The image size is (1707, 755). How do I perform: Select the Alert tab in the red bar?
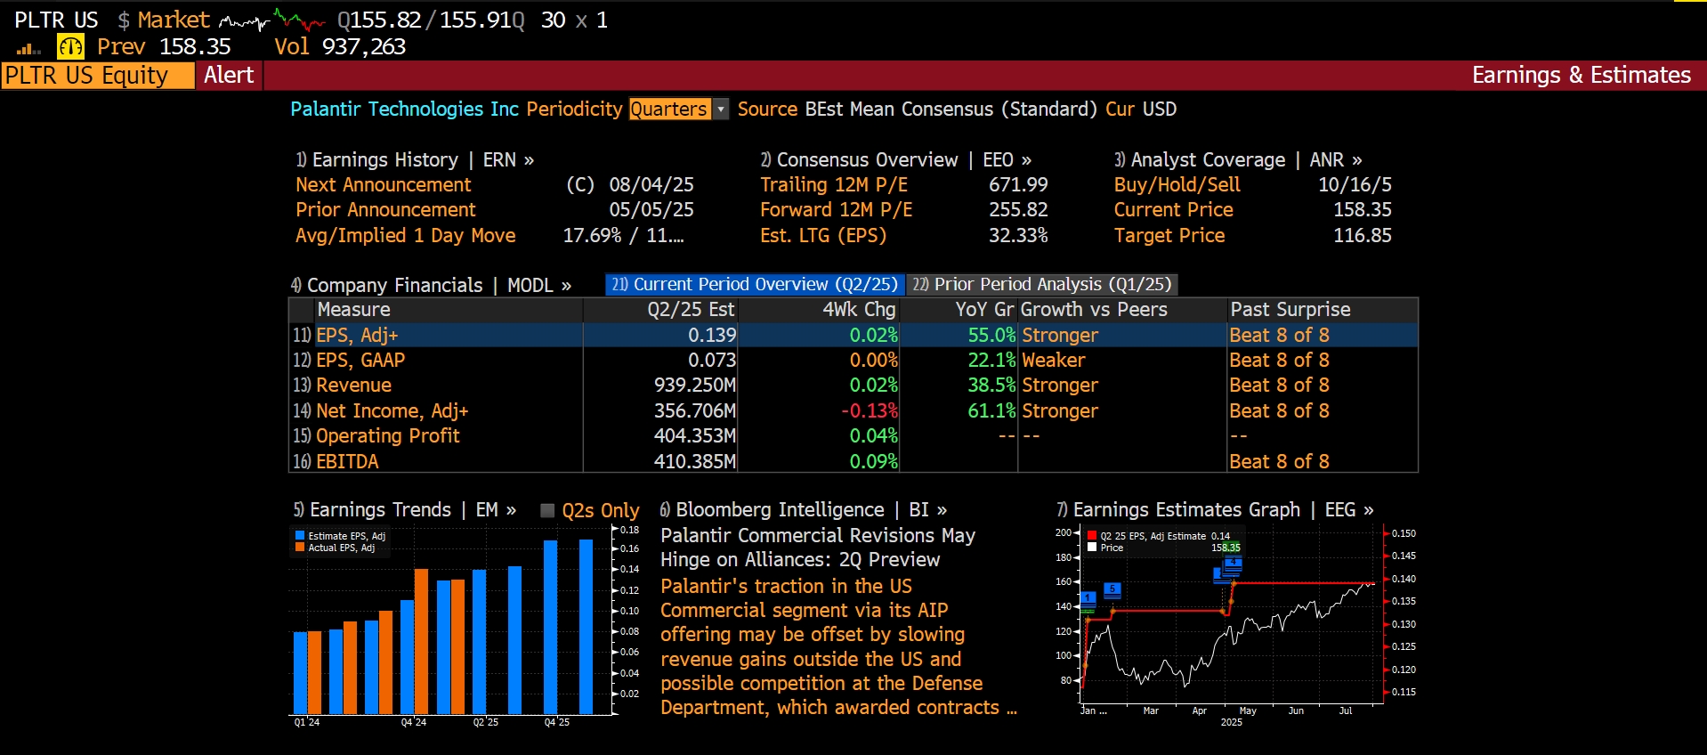pos(229,75)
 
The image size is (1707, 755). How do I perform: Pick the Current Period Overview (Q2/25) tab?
pos(756,284)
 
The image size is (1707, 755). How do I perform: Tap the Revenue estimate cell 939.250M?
pos(695,386)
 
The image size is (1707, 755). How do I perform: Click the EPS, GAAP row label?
pos(360,361)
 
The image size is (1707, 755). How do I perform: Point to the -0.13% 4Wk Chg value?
pos(870,411)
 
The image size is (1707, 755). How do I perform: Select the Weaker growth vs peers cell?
pos(1054,361)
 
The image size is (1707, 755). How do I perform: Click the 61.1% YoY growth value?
pos(991,411)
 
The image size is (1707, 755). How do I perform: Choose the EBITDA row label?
pos(347,462)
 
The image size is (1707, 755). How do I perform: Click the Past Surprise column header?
pos(1290,310)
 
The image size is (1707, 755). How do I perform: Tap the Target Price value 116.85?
pos(1362,236)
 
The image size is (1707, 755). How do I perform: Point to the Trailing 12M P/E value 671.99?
pos(1018,185)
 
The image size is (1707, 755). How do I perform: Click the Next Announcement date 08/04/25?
pos(651,185)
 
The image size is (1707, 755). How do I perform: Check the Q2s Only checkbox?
pos(548,510)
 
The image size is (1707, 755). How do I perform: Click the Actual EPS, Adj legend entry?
pos(341,548)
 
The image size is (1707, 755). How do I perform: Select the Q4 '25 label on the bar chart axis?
pos(557,722)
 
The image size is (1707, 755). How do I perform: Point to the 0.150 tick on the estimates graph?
pos(1404,533)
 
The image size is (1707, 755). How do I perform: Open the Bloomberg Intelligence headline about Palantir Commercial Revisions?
pos(817,548)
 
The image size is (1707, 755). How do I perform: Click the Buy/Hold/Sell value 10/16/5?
pos(1355,185)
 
